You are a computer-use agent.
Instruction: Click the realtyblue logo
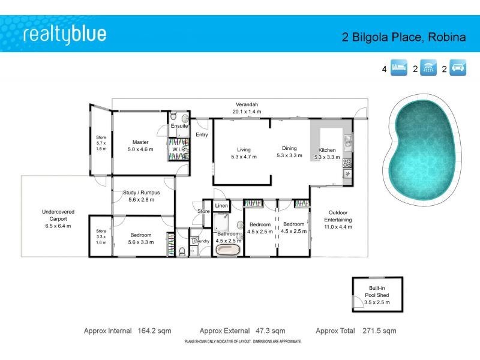coord(65,34)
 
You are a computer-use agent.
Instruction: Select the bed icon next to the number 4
coord(399,68)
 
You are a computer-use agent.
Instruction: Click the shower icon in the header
coord(428,68)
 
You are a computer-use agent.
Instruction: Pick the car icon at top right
coord(458,68)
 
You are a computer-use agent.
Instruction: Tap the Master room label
coord(141,143)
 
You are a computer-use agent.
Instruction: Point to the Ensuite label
coord(179,127)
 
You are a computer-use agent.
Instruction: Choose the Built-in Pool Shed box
coord(377,295)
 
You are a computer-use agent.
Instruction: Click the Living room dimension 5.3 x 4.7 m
coord(244,157)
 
